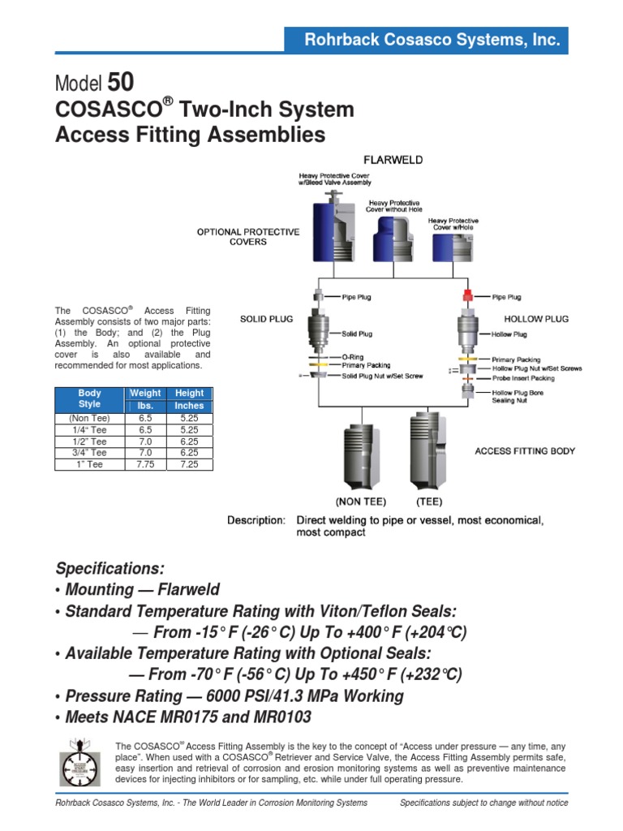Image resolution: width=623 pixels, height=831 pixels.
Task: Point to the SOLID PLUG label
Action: (x=266, y=320)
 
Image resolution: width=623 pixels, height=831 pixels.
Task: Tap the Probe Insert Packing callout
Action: (x=523, y=378)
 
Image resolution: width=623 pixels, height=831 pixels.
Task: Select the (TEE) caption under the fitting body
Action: (x=429, y=502)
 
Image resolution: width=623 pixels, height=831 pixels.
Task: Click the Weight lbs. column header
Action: (x=145, y=399)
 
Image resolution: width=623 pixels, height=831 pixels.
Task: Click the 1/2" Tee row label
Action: (x=90, y=441)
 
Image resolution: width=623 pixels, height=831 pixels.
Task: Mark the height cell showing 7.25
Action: (x=190, y=465)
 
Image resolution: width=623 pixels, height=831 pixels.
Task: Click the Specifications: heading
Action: (x=110, y=567)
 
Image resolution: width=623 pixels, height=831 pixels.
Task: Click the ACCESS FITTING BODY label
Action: (x=525, y=450)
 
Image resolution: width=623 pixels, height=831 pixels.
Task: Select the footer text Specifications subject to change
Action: (x=484, y=803)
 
